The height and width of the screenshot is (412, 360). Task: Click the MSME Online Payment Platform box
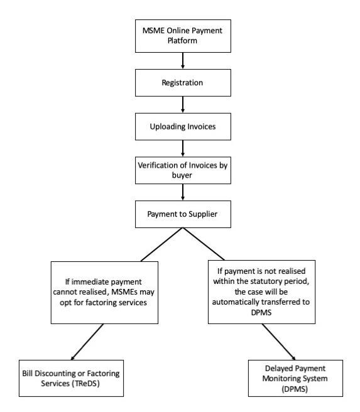[x=183, y=36]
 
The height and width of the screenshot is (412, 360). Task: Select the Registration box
[x=183, y=83]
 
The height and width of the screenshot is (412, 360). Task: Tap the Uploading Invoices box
[x=183, y=127]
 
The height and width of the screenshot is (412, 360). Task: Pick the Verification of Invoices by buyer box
[x=183, y=170]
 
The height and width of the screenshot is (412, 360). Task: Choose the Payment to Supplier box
[x=183, y=214]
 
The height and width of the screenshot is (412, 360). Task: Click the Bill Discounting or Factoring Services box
[x=71, y=378]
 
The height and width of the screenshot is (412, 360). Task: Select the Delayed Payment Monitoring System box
[x=295, y=378]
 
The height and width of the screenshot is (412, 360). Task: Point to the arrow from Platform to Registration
[x=183, y=61]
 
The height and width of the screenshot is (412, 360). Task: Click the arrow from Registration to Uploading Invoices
[x=183, y=105]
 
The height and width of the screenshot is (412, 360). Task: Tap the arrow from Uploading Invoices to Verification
[x=183, y=148]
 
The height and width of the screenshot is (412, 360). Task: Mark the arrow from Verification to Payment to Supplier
[x=183, y=192]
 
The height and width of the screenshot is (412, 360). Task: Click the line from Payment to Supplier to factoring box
[x=162, y=244]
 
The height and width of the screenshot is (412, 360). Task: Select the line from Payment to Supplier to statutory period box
[x=204, y=244]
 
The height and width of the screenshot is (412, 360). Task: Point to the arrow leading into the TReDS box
[x=87, y=342]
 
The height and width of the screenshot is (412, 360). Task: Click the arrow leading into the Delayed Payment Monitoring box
[x=278, y=342]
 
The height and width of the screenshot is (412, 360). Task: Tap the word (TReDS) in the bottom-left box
[x=85, y=383]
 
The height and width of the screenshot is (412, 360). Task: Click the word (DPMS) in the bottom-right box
[x=295, y=389]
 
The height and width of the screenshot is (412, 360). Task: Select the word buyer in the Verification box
[x=182, y=175]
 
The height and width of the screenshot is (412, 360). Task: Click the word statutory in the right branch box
[x=265, y=281]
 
